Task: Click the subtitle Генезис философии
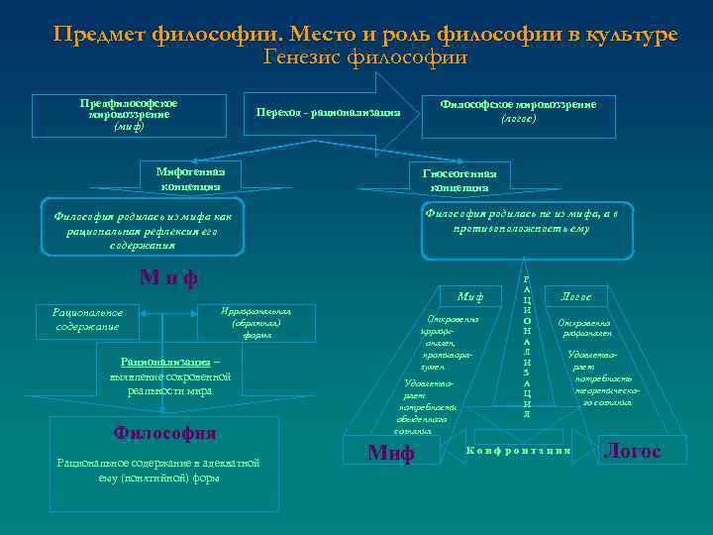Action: (365, 57)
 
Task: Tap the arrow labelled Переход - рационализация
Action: (328, 112)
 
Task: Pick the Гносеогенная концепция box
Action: (458, 179)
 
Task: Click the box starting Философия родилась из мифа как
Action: (142, 230)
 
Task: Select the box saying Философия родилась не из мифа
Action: (521, 220)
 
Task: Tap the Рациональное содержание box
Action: (87, 319)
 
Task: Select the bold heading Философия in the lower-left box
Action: (164, 433)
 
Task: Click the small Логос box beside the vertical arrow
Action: (575, 295)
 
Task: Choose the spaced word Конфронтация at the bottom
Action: (519, 451)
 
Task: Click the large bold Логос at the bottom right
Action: (632, 452)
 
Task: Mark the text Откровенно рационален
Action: (585, 328)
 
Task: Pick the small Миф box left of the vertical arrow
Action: (469, 295)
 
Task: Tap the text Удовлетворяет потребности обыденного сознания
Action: (427, 406)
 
